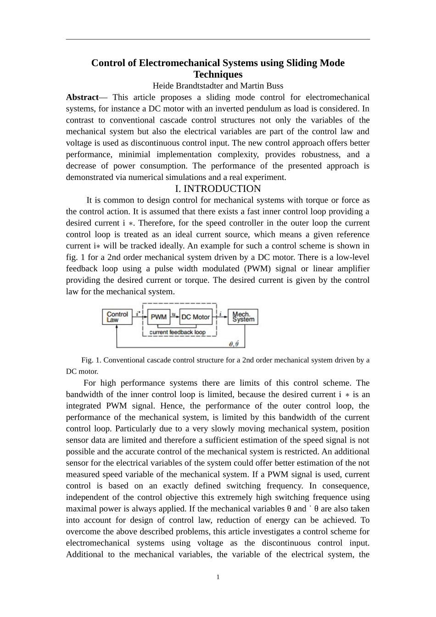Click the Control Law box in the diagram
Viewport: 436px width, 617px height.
click(117, 317)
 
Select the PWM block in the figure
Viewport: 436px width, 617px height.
click(158, 317)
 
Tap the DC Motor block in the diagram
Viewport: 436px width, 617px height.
click(196, 317)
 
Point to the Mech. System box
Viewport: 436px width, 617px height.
click(243, 317)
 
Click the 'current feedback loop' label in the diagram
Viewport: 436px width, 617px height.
click(178, 332)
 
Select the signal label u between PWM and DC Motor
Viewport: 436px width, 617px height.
click(173, 314)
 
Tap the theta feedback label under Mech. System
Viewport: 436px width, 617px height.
click(233, 343)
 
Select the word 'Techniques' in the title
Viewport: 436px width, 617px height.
click(218, 74)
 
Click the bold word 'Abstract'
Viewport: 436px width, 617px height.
click(82, 97)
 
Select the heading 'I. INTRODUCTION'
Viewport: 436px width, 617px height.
click(218, 189)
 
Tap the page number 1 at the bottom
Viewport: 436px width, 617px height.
click(218, 577)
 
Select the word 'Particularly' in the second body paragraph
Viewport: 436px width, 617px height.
click(135, 429)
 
